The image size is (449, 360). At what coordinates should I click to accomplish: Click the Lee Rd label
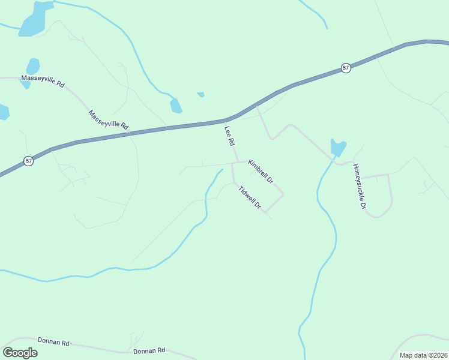coord(229,136)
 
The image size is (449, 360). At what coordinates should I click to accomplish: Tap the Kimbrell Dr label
coord(261,172)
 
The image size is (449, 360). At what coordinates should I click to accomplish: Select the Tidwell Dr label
coord(250,197)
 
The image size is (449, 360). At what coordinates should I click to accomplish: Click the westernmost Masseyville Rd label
coord(43,82)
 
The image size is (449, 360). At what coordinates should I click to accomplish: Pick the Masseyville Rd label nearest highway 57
coord(109,120)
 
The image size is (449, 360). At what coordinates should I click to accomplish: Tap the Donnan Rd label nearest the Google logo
coord(53,342)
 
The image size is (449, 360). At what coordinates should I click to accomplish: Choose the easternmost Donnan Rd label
coord(149,351)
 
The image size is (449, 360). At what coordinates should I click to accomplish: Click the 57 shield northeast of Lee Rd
coord(346,68)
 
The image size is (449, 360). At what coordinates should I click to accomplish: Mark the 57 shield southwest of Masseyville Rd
coord(29,161)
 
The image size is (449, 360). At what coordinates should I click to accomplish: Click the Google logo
coord(20,352)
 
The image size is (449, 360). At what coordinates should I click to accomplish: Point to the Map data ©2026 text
coord(423,355)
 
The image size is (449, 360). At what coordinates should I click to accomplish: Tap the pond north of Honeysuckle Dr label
coord(338,148)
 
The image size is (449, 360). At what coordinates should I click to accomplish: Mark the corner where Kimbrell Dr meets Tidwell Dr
coord(282,194)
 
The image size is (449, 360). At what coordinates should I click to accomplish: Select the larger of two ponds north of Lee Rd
coord(175,106)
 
